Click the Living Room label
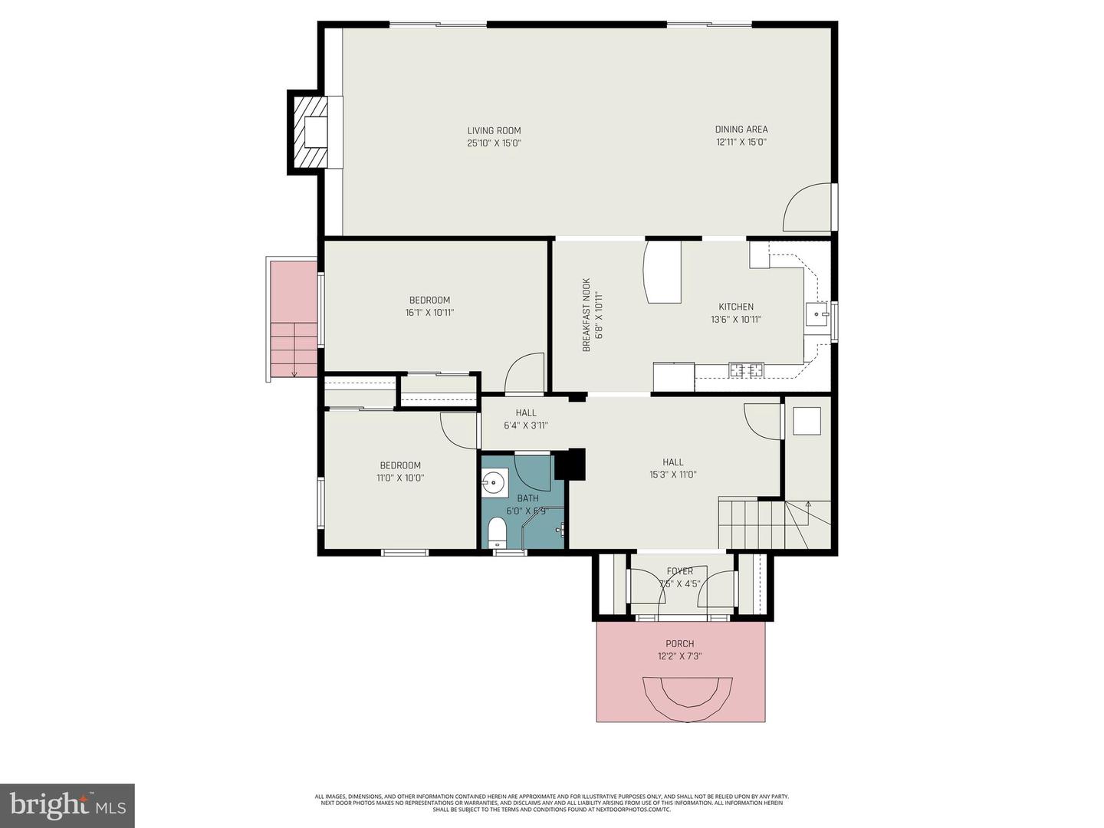494,130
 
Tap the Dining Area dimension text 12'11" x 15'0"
741,142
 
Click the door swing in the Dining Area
807,208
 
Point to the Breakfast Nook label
586,314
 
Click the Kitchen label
735,307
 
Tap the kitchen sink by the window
817,314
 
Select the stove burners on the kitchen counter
746,370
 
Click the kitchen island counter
663,272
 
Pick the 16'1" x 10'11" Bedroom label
429,300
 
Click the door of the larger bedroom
524,373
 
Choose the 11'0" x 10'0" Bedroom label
400,465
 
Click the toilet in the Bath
498,531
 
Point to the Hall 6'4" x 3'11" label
526,412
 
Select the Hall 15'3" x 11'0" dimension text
672,475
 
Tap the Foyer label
679,571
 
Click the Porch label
679,644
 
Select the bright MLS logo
67,805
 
